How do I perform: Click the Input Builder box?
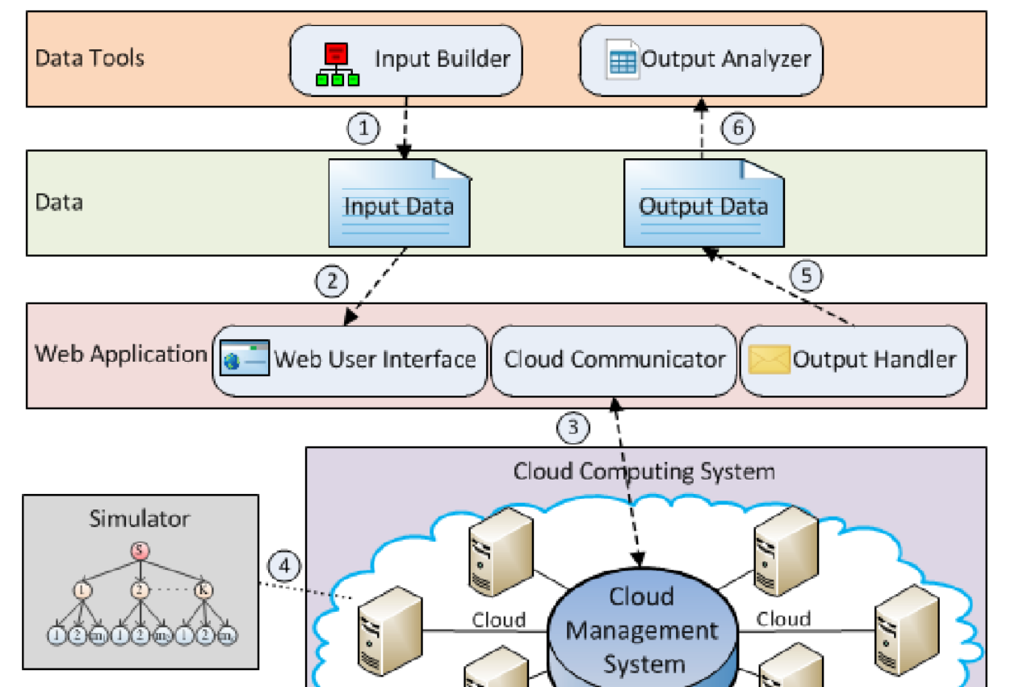[x=405, y=60]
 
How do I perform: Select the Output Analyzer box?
[x=702, y=60]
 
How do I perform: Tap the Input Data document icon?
[x=399, y=203]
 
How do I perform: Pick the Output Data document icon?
[x=703, y=203]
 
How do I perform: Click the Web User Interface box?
[x=350, y=360]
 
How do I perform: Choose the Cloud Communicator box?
[x=614, y=360]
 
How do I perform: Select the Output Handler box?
[x=854, y=360]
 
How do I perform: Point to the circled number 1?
[x=363, y=128]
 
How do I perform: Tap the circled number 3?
[x=573, y=426]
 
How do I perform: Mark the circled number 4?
[x=283, y=564]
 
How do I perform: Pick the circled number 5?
[x=806, y=275]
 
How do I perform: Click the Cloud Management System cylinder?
[x=643, y=630]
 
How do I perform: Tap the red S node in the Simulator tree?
[x=140, y=551]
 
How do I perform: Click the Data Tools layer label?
[x=90, y=58]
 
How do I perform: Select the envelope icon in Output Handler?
[x=769, y=360]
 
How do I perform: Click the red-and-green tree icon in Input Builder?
[x=337, y=65]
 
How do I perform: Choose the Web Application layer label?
[x=120, y=354]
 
